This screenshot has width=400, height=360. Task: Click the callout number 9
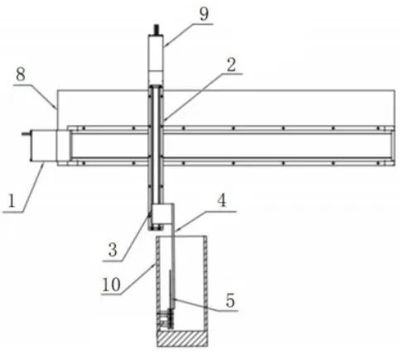204,15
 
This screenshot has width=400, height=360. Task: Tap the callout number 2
231,65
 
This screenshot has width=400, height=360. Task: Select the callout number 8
21,74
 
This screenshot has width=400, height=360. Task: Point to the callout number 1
12,201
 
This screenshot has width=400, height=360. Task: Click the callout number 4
222,200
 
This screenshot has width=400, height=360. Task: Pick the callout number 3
113,250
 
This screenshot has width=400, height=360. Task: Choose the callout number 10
112,284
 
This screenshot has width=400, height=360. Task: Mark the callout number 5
230,300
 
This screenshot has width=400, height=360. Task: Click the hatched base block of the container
182,338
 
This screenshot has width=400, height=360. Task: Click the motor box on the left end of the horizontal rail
43,146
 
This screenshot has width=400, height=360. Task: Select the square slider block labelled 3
163,214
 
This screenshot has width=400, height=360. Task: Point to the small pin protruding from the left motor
26,134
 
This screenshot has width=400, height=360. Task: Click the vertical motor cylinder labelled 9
156,60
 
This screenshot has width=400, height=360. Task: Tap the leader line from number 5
205,305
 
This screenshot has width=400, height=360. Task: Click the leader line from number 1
33,188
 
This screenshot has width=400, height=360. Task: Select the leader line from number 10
128,280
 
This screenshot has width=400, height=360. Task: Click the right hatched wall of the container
205,283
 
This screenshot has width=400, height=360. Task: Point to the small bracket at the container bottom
165,319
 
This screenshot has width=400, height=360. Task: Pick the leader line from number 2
203,97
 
